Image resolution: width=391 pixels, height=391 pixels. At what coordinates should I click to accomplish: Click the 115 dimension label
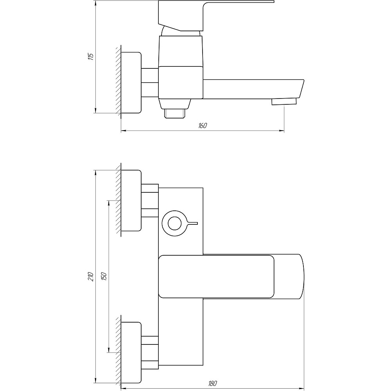click(x=91, y=57)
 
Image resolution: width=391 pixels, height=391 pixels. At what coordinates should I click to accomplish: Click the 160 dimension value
click(x=203, y=126)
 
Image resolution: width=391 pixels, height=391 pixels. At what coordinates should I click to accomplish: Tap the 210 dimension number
click(x=91, y=277)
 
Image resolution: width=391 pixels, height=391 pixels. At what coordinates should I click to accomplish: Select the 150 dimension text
click(x=104, y=276)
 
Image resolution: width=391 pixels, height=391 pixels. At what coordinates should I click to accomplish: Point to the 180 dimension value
click(x=212, y=383)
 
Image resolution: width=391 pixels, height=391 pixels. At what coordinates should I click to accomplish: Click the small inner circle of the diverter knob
click(x=174, y=223)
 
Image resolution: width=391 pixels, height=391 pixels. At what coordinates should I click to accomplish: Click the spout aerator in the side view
click(x=284, y=102)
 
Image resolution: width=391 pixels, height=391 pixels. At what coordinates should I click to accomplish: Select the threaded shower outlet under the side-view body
click(x=174, y=113)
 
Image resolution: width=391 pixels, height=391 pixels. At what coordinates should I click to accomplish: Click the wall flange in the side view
click(x=131, y=83)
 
